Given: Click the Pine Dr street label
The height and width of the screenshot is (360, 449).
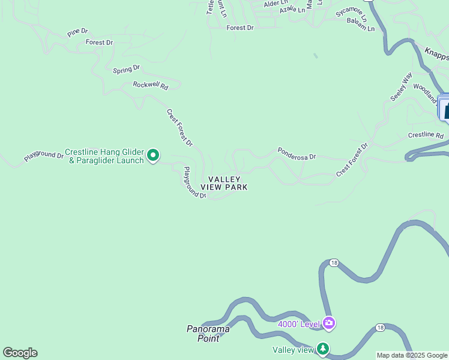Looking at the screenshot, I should coord(77,32).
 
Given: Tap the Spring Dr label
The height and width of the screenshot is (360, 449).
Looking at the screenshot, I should coord(126,70).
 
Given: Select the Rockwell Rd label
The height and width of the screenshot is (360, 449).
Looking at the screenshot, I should coord(151,86).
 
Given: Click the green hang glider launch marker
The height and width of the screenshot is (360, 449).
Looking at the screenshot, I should coord(153,156).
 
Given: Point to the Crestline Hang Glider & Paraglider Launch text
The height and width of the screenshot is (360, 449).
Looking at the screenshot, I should coord(104,156).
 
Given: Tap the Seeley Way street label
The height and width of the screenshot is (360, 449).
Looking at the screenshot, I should coord(401,86).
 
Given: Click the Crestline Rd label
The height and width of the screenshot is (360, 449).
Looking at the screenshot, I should coord(425,136).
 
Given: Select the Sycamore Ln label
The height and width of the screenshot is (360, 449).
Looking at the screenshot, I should coord(351,14).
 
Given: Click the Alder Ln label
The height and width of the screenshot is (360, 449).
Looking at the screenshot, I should coord(276,4).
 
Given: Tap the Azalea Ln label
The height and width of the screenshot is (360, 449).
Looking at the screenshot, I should coord(292,10).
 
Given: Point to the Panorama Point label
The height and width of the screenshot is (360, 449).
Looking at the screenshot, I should coord(208,333).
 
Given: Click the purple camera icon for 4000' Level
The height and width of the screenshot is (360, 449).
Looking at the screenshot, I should coord(328,323).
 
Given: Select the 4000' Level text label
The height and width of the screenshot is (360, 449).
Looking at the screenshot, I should coord(298,325).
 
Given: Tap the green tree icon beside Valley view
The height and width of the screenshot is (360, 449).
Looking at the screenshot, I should coord(323,348).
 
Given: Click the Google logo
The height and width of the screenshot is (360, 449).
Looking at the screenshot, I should coord(20,353).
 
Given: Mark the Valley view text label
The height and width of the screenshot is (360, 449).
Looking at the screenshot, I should coord(293,350).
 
